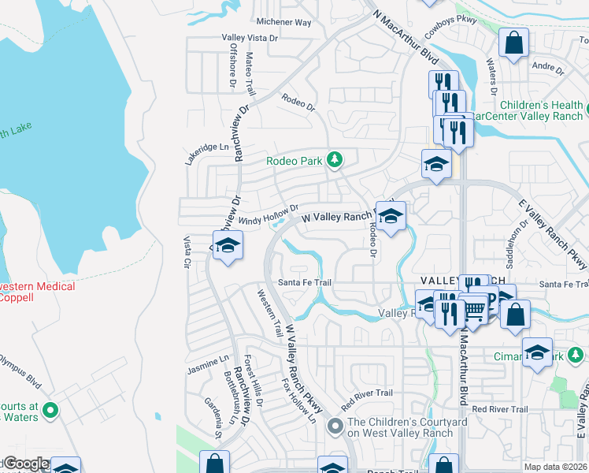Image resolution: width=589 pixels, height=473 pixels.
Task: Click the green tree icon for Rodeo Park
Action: click(335, 160)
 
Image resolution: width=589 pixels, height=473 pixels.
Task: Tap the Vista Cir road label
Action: click(187, 253)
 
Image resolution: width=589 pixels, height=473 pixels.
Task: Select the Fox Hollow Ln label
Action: click(299, 400)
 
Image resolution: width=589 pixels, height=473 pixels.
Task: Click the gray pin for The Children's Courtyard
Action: click(335, 426)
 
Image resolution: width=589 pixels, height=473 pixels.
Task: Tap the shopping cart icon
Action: click(474, 310)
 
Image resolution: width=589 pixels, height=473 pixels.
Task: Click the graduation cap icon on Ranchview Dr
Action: click(227, 245)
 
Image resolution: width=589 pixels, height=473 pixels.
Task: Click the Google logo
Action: click(26, 464)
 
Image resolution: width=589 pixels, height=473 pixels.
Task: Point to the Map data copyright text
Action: click(556, 467)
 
